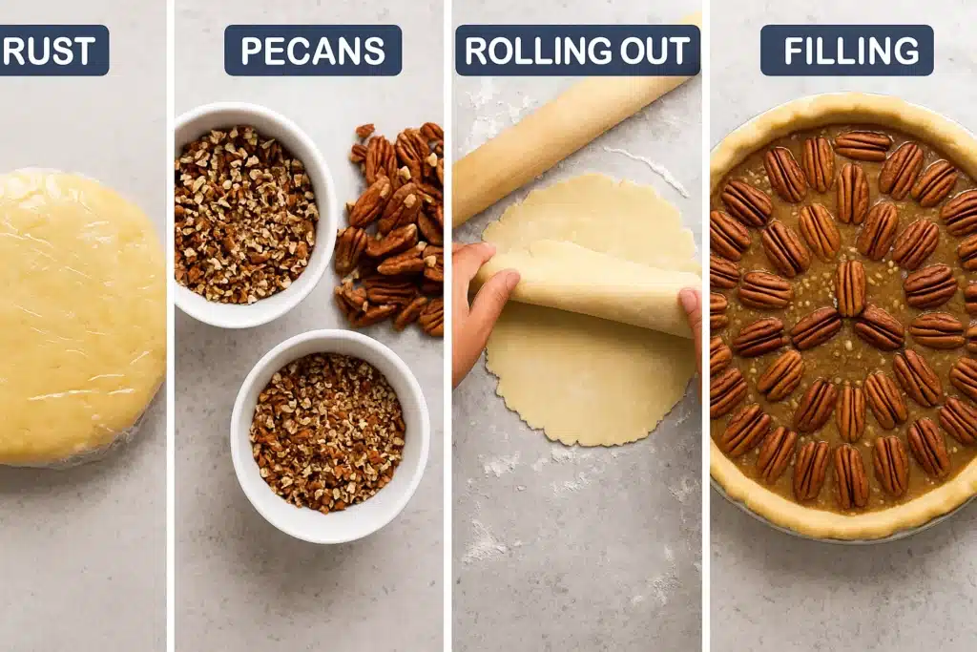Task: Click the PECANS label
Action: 312,51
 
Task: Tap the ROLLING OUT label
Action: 577,51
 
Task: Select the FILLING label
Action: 846,51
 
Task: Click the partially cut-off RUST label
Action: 53,51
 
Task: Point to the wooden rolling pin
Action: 563,134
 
